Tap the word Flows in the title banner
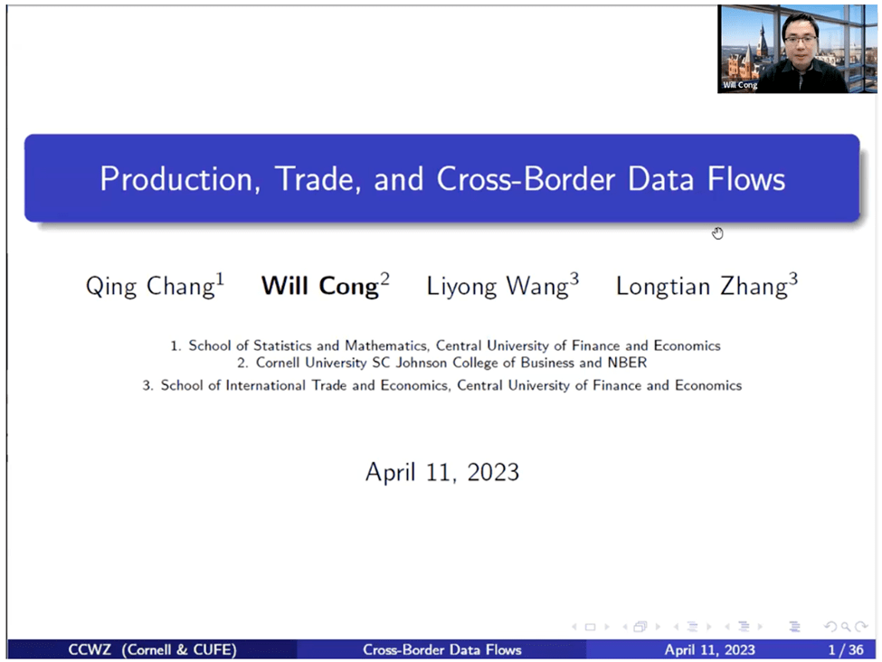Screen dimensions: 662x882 (746, 178)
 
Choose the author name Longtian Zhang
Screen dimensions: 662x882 (707, 287)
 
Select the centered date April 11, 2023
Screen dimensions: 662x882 (441, 471)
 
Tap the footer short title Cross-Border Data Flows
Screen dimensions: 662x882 (441, 649)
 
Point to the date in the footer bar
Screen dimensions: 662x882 (709, 649)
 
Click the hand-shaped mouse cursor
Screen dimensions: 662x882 (717, 233)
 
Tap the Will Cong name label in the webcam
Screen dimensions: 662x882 (740, 84)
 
